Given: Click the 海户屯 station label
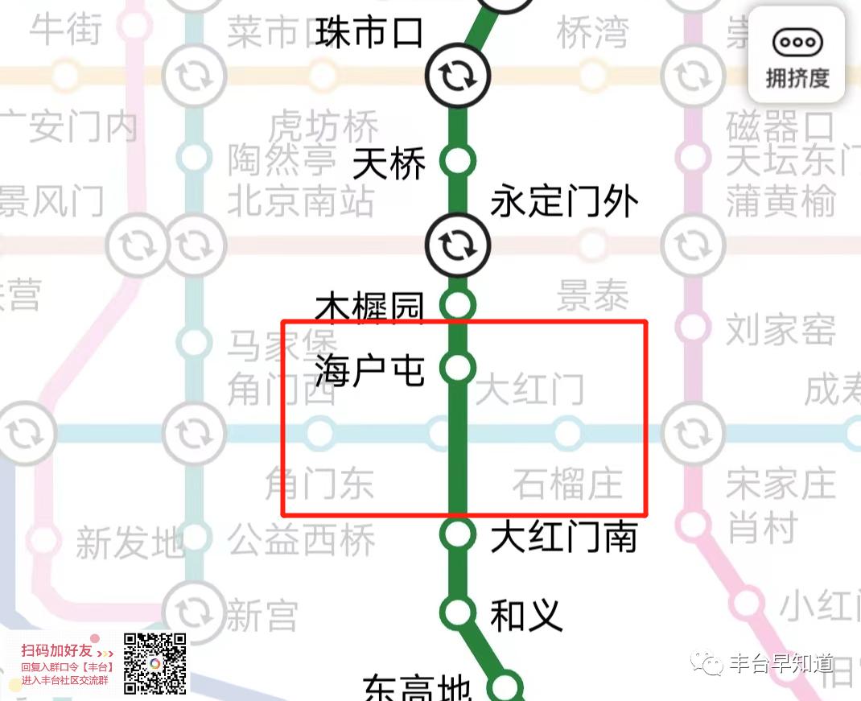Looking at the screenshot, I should [369, 369].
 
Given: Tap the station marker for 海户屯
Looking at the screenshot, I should [457, 368].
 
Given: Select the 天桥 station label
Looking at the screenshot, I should [389, 166].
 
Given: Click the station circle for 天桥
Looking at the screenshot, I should [457, 161].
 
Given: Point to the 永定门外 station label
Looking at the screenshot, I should [564, 201].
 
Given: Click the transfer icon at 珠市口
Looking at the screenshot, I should [457, 76].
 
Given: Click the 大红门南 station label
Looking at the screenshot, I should [564, 537].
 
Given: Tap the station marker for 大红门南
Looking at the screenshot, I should [457, 533].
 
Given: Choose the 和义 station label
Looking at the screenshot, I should [526, 616].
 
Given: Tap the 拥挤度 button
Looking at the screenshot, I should [797, 56].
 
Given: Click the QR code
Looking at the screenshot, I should [155, 664].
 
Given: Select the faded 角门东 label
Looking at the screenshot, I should [320, 485].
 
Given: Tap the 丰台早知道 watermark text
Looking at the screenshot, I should [781, 663].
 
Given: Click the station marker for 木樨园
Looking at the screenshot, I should [457, 305].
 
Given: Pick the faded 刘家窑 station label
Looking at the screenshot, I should [781, 329].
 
